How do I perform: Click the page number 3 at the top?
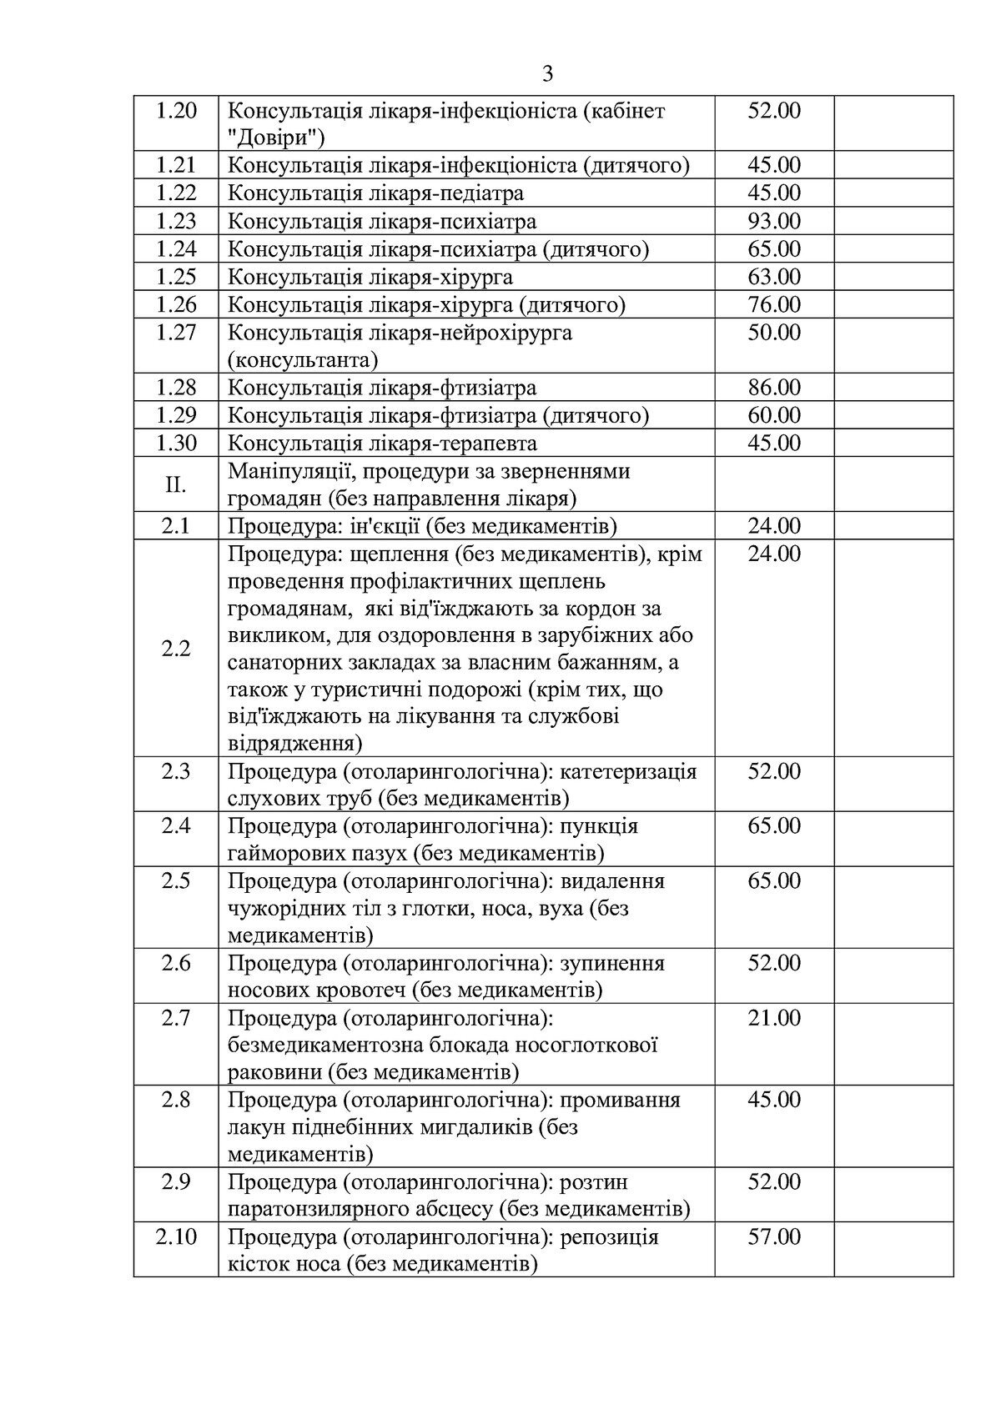(x=547, y=75)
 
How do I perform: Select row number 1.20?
(x=176, y=111)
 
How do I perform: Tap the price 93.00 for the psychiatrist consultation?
(x=773, y=221)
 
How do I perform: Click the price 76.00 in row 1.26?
(x=773, y=304)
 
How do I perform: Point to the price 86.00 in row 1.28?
(x=773, y=388)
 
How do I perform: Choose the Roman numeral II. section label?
(x=176, y=484)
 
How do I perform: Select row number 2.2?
(x=176, y=649)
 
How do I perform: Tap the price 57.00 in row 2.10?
(x=773, y=1236)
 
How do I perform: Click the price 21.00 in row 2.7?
(x=773, y=1018)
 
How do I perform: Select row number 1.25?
(x=176, y=277)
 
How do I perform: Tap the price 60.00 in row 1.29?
(x=773, y=415)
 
